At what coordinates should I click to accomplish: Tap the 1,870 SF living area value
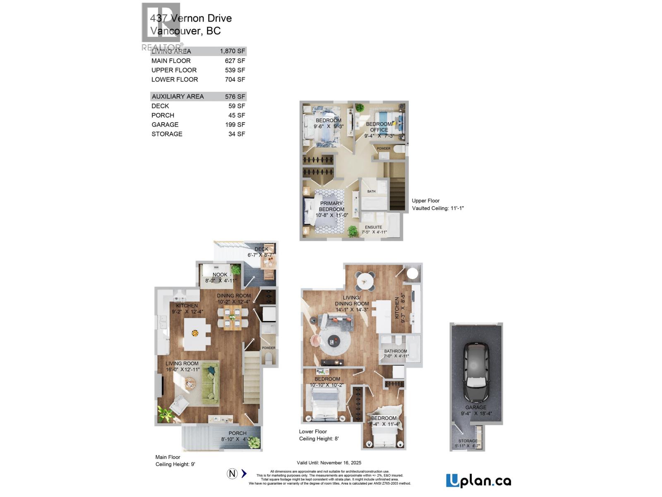click(233, 51)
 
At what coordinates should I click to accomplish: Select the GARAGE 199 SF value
click(235, 125)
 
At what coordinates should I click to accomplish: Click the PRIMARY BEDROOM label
click(331, 206)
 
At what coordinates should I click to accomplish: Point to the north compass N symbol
click(232, 473)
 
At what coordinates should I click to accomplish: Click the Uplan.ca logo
click(478, 480)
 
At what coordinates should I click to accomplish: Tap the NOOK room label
click(220, 275)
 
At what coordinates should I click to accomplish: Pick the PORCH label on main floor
click(237, 433)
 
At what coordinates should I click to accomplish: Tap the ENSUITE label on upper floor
click(373, 227)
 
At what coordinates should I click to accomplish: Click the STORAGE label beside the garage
click(468, 441)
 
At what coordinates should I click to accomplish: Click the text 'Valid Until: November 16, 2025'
click(329, 463)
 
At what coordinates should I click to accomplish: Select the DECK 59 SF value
click(237, 106)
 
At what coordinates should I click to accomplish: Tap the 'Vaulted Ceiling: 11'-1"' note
click(438, 208)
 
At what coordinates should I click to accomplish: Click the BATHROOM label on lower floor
click(396, 351)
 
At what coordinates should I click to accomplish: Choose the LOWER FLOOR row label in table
click(175, 80)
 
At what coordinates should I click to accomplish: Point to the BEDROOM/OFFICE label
click(379, 127)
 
